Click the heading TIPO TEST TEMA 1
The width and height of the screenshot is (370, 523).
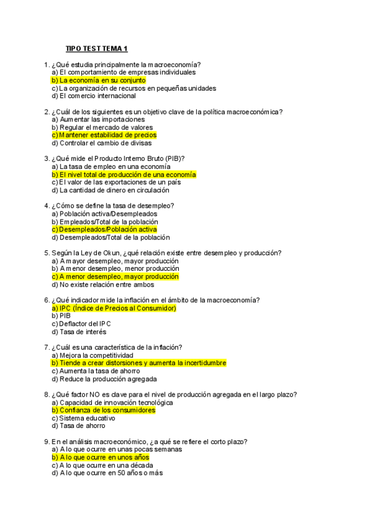click(x=96, y=49)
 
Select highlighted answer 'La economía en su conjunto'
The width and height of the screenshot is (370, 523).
click(x=99, y=80)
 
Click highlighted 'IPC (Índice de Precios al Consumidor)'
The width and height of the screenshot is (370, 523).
click(x=114, y=308)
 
